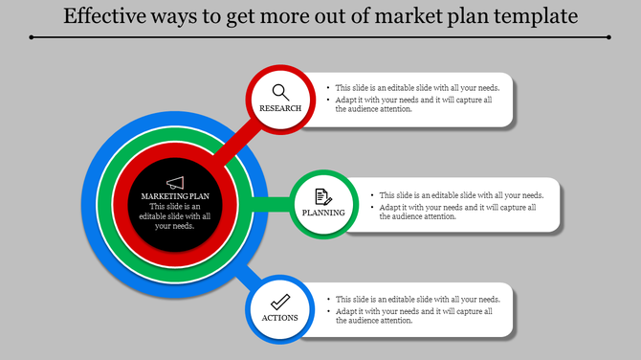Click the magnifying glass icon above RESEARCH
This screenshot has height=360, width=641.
280,92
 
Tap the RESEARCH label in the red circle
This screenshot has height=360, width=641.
280,108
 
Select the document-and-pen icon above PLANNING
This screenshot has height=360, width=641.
323,196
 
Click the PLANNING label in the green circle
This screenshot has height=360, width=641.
323,213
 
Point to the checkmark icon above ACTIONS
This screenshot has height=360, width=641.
280,302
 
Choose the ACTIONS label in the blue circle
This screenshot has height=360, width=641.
280,318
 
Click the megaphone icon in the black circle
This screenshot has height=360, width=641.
174,182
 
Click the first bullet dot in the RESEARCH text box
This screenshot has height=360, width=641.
328,88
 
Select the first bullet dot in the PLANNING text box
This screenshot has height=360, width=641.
372,195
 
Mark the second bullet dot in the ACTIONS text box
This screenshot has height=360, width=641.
328,311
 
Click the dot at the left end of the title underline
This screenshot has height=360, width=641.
32,37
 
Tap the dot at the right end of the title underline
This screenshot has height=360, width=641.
608,37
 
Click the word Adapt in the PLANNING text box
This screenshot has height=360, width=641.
390,207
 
